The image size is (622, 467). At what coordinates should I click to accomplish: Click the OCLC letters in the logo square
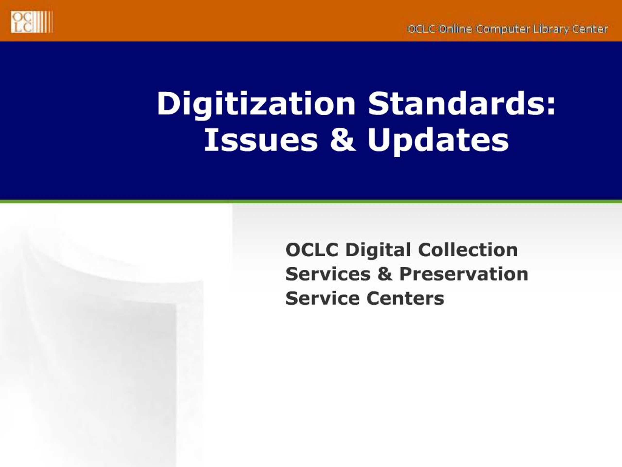22,22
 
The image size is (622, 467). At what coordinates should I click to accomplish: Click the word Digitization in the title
256,104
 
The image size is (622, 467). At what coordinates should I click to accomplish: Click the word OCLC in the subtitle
312,250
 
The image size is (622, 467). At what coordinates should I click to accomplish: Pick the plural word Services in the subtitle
328,274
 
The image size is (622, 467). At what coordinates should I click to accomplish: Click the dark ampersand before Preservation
385,274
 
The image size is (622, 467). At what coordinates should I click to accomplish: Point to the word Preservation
464,274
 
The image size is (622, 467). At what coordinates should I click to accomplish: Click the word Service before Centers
322,298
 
